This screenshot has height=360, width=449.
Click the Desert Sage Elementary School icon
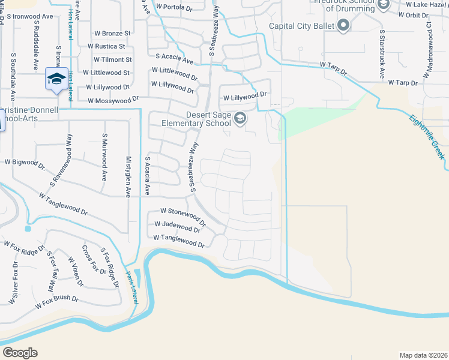[240, 118]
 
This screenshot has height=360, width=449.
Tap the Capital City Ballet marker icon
[343, 26]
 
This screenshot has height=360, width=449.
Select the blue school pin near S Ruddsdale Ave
[56, 80]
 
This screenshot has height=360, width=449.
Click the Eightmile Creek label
[427, 137]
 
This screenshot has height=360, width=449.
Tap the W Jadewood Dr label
[177, 227]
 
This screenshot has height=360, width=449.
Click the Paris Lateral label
[131, 286]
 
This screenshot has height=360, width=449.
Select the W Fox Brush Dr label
[57, 302]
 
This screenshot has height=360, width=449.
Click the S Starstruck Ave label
[381, 53]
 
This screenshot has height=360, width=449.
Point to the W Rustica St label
[106, 46]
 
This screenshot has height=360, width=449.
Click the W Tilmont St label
[112, 59]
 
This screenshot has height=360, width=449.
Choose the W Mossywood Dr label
[113, 100]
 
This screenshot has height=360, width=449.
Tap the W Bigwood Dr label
[25, 163]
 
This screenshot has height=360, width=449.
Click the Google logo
[20, 352]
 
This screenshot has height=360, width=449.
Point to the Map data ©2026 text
[423, 355]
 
